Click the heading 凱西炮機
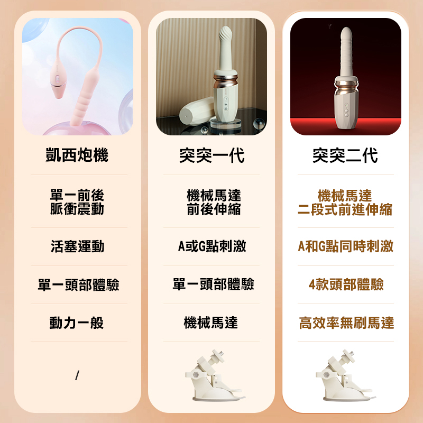click(x=77, y=155)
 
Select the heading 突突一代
click(x=212, y=155)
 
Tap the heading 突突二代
click(x=345, y=155)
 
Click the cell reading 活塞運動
click(x=77, y=246)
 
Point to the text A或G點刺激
click(x=212, y=246)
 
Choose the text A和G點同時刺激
click(x=346, y=246)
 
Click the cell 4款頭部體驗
click(x=346, y=284)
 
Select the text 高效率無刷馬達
click(x=346, y=323)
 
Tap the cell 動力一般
click(x=77, y=323)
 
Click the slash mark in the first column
click(x=77, y=375)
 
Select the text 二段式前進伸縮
click(x=345, y=209)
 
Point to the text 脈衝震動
click(x=77, y=209)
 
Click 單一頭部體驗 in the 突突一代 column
click(x=214, y=284)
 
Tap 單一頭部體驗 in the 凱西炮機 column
click(x=78, y=284)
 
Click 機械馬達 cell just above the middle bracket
click(x=211, y=323)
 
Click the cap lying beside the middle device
click(x=196, y=111)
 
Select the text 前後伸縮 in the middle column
click(x=214, y=209)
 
